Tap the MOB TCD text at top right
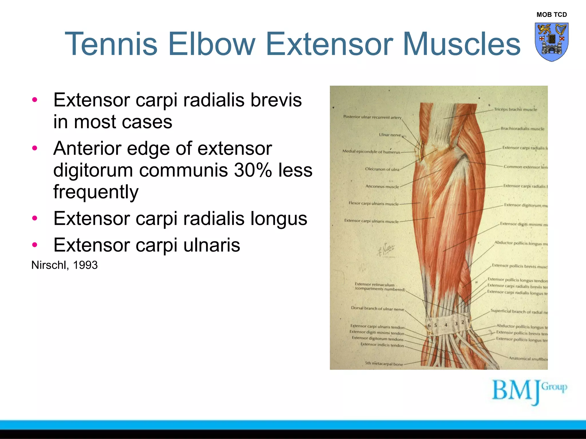[551, 15]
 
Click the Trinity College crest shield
[551, 42]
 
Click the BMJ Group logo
[529, 392]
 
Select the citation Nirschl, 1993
[64, 265]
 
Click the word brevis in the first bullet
[276, 100]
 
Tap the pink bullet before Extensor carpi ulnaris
[35, 245]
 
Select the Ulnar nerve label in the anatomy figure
[390, 135]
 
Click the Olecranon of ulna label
[382, 169]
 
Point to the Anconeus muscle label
[382, 187]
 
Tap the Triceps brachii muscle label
[515, 109]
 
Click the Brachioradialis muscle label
[522, 129]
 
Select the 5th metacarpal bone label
[384, 364]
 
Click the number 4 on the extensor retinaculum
[446, 325]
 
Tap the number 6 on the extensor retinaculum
[429, 326]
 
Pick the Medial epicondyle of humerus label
[371, 151]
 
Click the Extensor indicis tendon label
[382, 345]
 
